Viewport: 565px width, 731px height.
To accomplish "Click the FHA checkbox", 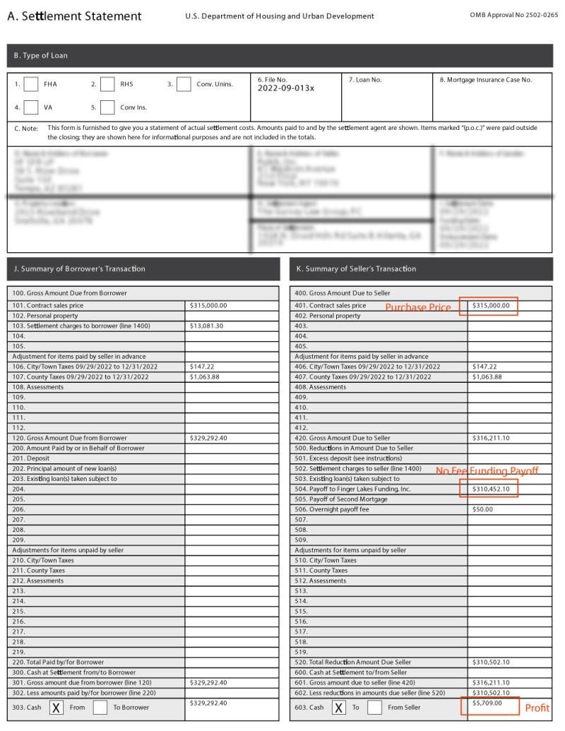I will point(31,84).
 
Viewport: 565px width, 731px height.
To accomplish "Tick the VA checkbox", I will point(31,107).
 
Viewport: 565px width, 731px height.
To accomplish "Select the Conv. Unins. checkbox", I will point(184,84).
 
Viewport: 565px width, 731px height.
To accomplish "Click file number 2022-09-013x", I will point(286,90).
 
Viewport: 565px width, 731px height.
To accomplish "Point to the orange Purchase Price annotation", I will point(417,307).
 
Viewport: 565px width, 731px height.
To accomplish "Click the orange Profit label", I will point(537,708).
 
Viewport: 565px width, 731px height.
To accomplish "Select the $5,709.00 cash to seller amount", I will point(487,703).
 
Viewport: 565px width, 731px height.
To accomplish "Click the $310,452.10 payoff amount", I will point(490,489).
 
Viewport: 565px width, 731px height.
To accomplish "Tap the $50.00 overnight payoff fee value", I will point(482,509).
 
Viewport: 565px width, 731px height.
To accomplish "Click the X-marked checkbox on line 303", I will point(57,707).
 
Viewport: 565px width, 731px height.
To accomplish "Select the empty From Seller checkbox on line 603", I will point(375,707).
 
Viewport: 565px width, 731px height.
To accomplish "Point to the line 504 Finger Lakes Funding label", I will point(352,489).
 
